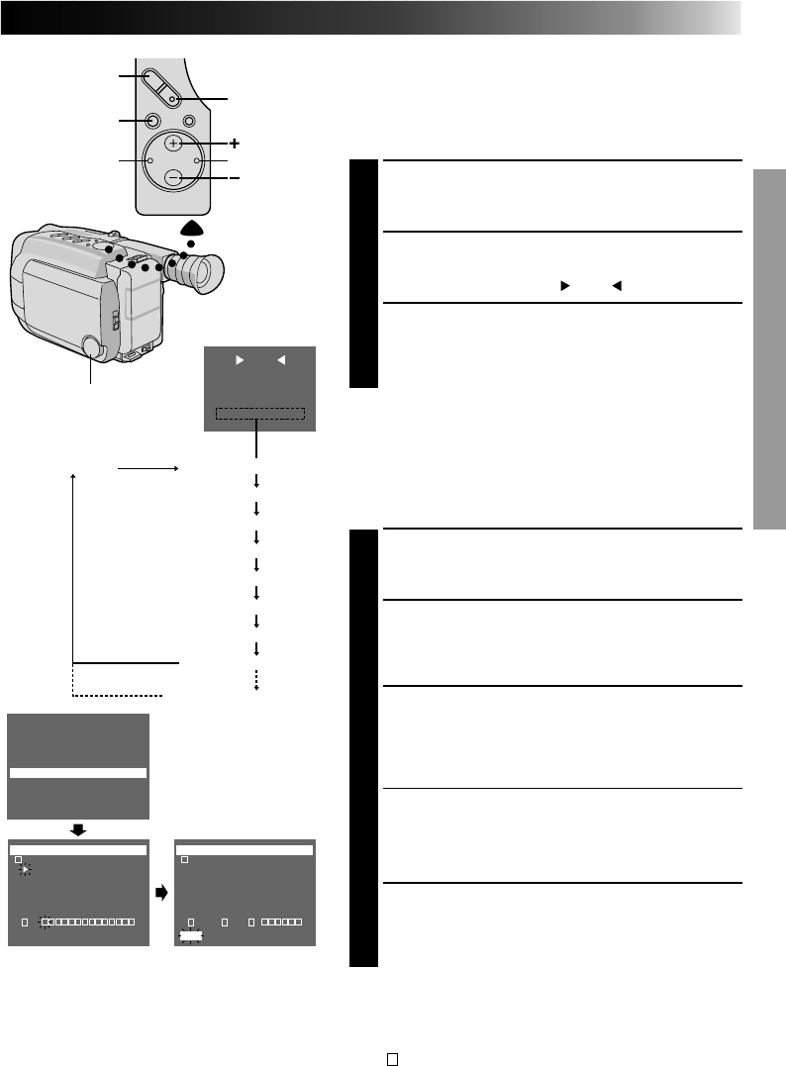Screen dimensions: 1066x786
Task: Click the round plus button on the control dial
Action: (173, 144)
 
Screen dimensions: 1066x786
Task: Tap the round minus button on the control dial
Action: (173, 178)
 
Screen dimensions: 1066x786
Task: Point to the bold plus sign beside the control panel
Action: (234, 144)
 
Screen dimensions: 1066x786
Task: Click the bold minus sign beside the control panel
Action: (234, 178)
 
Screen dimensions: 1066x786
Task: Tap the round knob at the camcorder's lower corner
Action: (91, 347)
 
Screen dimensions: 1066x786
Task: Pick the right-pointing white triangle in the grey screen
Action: (239, 361)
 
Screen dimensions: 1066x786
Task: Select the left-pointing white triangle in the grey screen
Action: (280, 361)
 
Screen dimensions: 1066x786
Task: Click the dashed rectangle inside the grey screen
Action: (260, 415)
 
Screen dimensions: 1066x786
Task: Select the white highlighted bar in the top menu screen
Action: (78, 773)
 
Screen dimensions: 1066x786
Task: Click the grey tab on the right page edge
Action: (770, 348)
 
